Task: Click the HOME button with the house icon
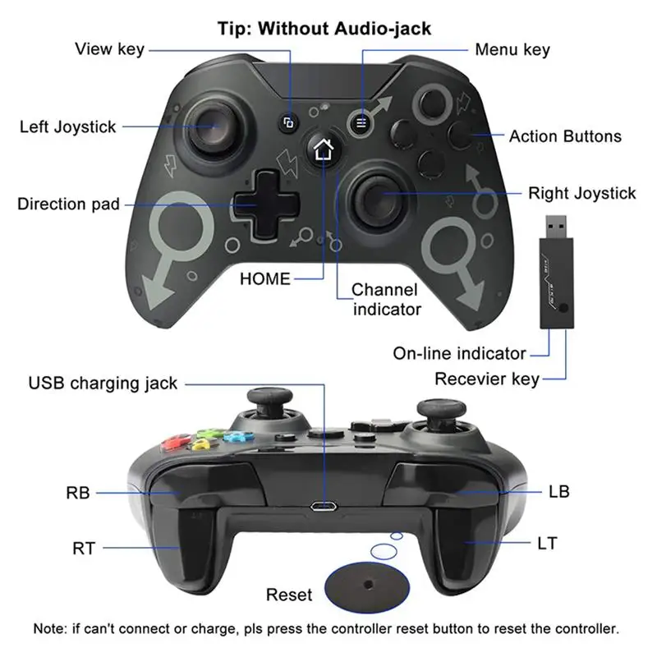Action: (323, 149)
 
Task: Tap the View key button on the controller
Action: (288, 123)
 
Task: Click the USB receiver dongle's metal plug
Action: (556, 227)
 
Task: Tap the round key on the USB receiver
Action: (563, 307)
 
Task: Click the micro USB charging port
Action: (324, 507)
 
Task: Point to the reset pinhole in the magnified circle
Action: (368, 584)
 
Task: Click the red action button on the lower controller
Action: (176, 443)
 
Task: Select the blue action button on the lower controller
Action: (237, 436)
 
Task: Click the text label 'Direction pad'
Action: (69, 204)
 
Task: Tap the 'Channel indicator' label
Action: (386, 300)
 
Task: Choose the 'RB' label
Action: (78, 493)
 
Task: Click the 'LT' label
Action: (548, 544)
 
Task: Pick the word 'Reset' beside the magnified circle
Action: (289, 595)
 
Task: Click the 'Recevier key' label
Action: (487, 379)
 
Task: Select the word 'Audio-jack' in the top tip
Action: (383, 29)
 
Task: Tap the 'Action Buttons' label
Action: (565, 136)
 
